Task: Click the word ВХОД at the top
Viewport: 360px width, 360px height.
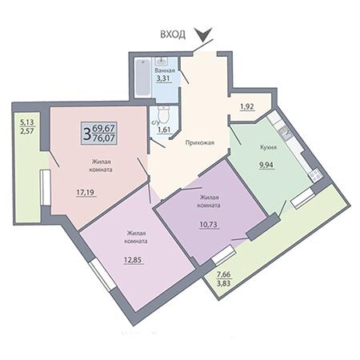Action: [x=173, y=34]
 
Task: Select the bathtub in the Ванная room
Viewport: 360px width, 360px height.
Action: [x=142, y=78]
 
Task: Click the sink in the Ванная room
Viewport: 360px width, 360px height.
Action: [x=162, y=62]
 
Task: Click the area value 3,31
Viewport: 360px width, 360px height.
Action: [x=163, y=78]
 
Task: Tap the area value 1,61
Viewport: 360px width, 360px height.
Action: [x=164, y=130]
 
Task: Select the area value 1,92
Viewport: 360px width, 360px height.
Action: [x=247, y=106]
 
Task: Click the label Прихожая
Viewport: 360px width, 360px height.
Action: [x=200, y=142]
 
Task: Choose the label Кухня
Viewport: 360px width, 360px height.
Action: [x=268, y=147]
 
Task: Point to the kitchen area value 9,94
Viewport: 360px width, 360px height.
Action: [x=266, y=165]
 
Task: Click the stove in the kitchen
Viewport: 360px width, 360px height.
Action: [x=315, y=175]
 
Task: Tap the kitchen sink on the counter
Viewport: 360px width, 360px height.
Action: [x=285, y=132]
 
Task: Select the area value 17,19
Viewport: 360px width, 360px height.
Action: [x=86, y=192]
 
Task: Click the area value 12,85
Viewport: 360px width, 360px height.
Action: [x=133, y=259]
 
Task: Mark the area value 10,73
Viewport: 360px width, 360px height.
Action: [x=209, y=225]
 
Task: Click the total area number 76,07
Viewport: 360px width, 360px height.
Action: [x=104, y=138]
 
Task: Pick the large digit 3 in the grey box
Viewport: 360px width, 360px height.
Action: [x=86, y=134]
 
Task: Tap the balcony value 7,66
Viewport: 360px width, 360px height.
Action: [x=223, y=274]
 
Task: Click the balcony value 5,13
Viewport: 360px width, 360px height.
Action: [x=27, y=122]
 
